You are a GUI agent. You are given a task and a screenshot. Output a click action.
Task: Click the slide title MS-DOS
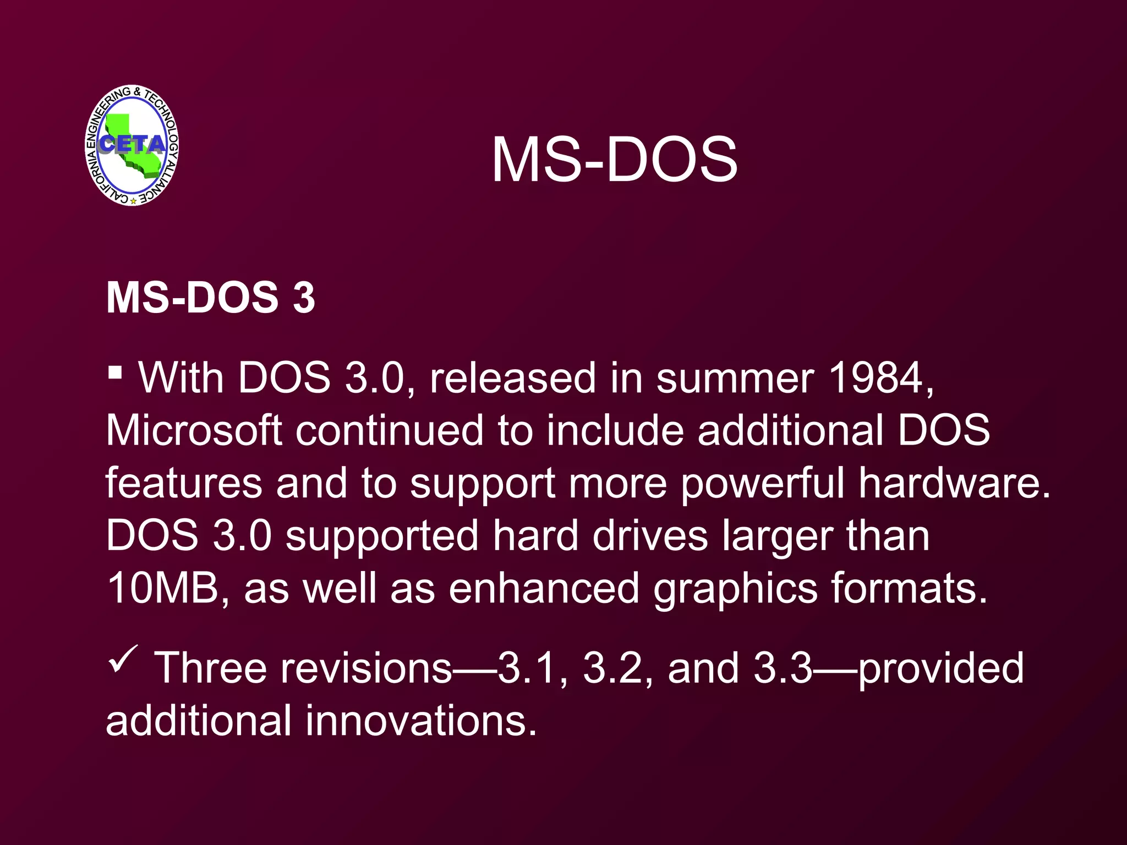[x=614, y=160]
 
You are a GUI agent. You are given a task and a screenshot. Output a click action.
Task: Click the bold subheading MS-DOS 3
[x=210, y=298]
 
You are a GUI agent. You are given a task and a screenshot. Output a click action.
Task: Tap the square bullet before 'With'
[x=114, y=373]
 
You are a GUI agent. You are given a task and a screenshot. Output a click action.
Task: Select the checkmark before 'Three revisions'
[x=123, y=659]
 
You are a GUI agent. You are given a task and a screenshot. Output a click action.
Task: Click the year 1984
[x=877, y=378]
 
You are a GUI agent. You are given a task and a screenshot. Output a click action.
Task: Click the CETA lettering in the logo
[x=132, y=144]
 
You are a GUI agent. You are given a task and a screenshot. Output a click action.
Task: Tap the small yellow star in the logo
[x=133, y=201]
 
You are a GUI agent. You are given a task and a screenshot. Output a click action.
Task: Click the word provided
[x=940, y=668]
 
